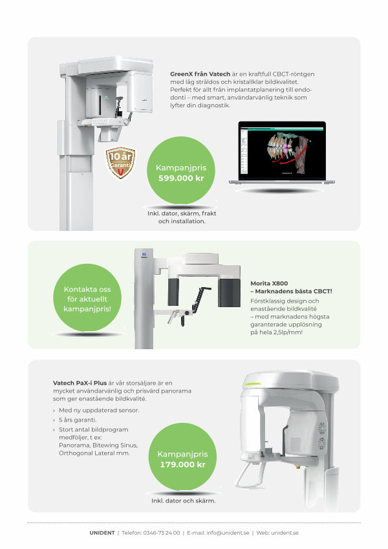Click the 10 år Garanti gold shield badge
point(120,162)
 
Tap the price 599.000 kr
point(181,178)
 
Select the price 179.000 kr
point(182,464)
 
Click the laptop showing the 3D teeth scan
point(282,153)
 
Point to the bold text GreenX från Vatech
point(200,74)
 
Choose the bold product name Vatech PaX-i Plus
point(80,383)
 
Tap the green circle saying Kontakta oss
point(87,297)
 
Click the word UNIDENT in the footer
point(102,533)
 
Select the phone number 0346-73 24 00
point(162,533)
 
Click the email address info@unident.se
point(228,533)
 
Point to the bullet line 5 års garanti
point(78,420)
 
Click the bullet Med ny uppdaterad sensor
point(99,410)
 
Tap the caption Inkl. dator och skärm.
point(183,501)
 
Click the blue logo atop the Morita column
point(144,255)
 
